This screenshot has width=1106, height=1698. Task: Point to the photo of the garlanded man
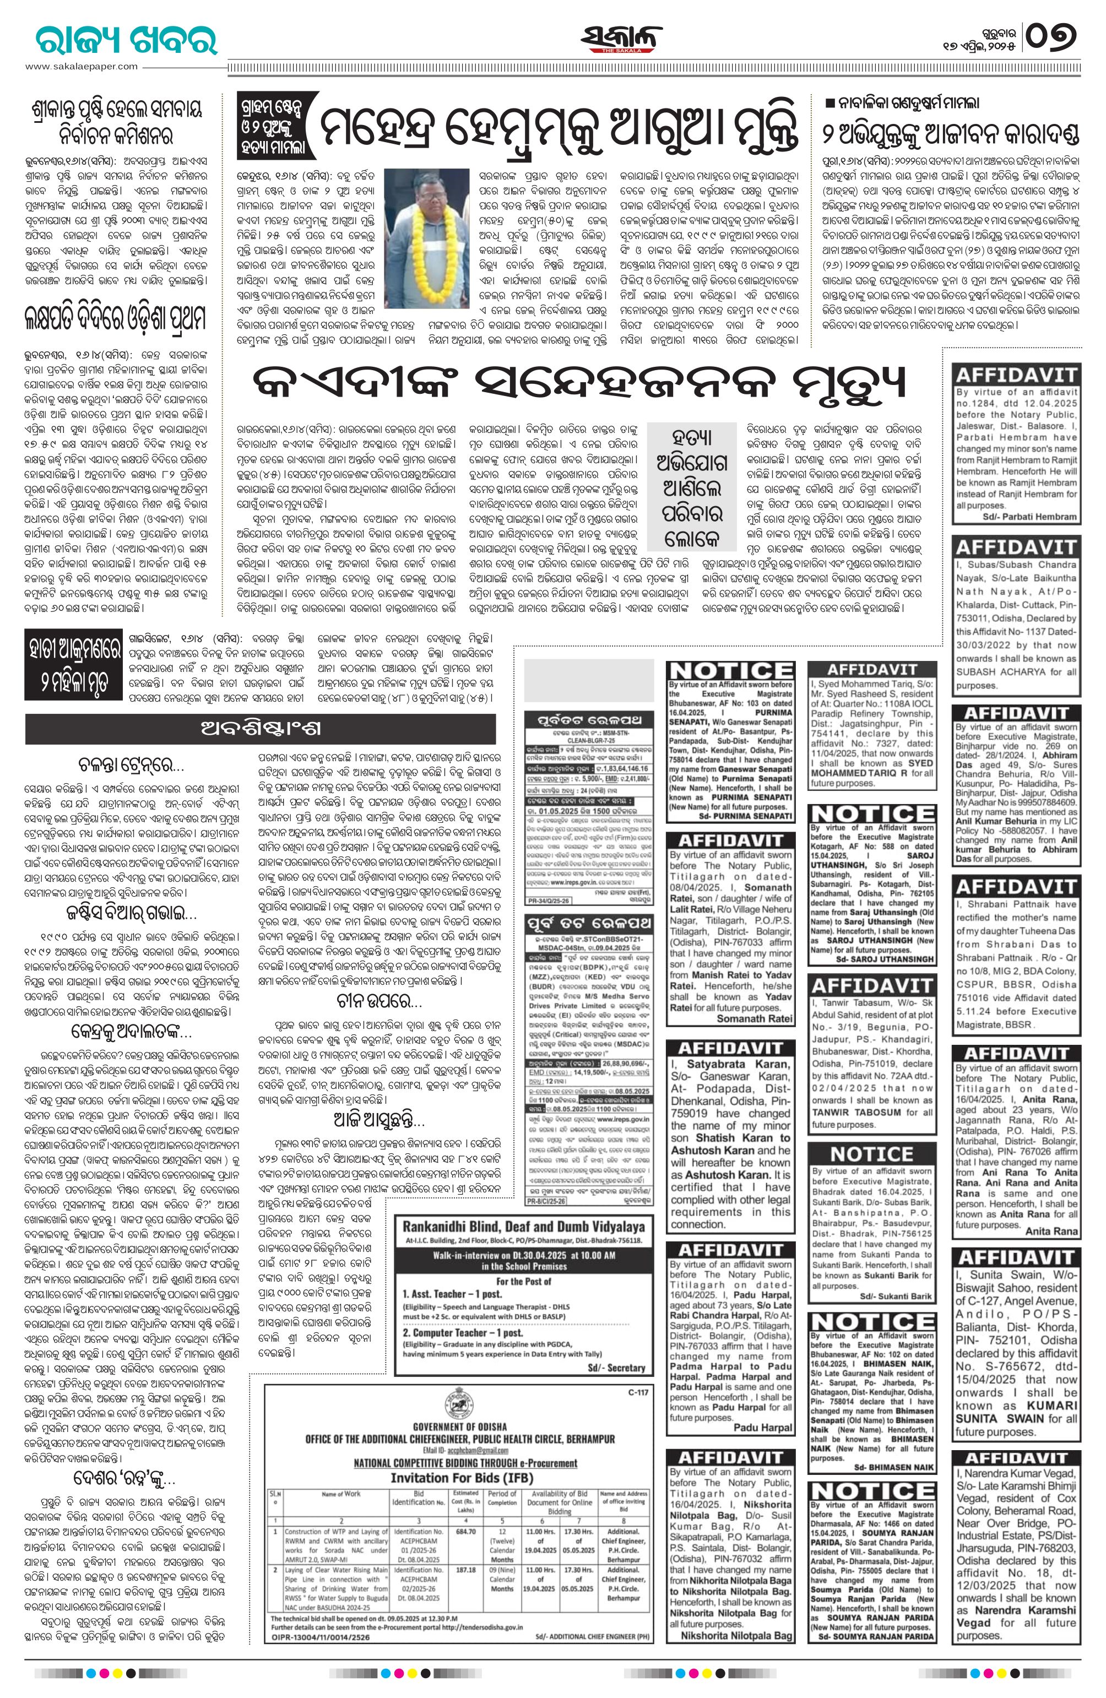point(426,238)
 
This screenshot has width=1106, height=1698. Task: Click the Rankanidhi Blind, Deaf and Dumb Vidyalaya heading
point(523,1227)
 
